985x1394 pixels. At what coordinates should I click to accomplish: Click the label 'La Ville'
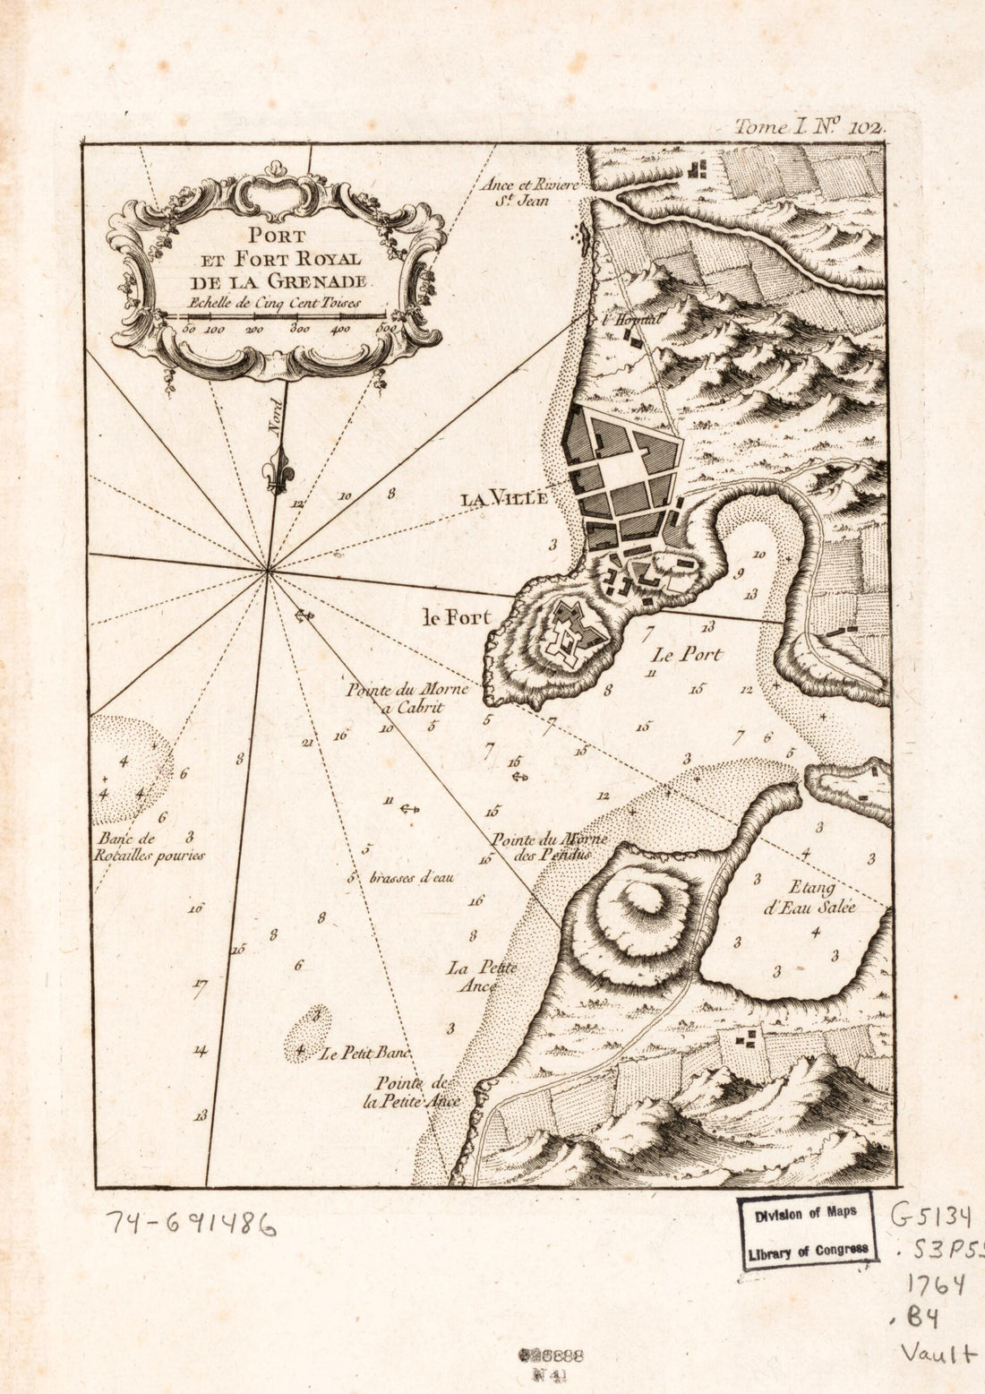click(503, 500)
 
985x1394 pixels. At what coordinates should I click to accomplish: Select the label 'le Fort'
click(457, 617)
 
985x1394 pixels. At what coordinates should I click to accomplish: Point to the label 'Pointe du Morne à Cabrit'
click(395, 698)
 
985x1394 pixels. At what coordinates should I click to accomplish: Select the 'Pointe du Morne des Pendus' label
click(549, 847)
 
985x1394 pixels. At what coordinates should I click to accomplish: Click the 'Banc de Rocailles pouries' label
click(149, 848)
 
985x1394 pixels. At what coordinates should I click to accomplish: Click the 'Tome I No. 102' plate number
click(809, 126)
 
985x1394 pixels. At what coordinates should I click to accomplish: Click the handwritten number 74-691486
click(192, 1223)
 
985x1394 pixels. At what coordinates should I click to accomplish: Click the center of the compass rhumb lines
click(268, 569)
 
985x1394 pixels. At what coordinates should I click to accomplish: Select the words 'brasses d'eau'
click(411, 878)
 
